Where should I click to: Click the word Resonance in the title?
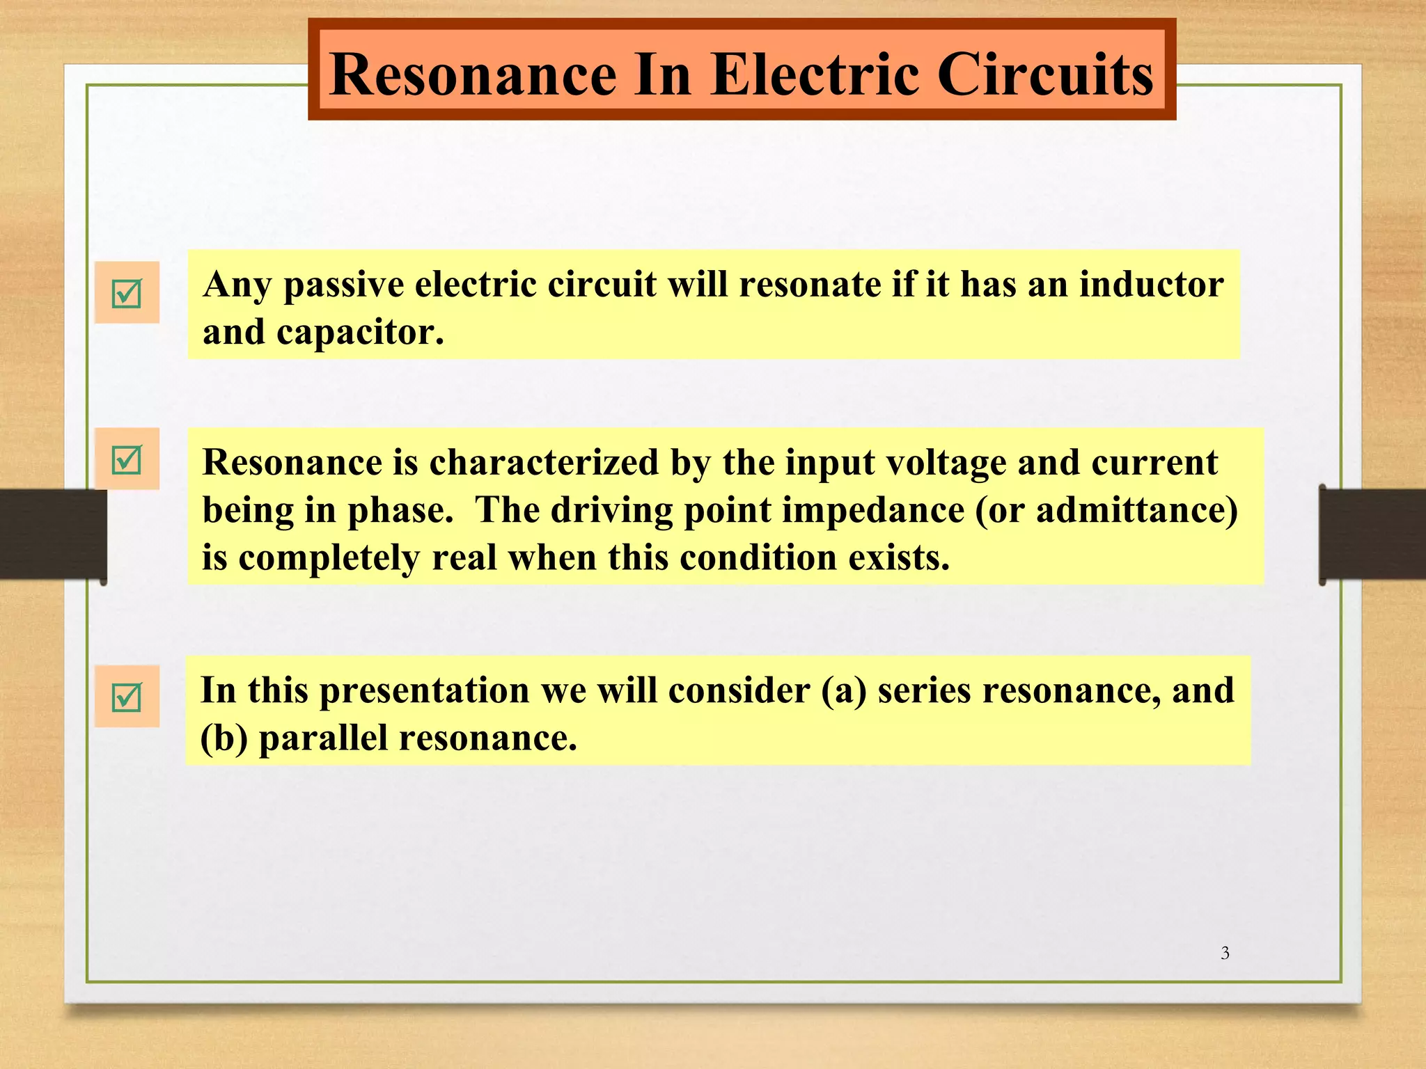[x=473, y=74]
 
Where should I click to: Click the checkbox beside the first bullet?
[x=127, y=293]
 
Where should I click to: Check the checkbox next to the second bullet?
[x=127, y=459]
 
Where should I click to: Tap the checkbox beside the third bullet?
[x=127, y=697]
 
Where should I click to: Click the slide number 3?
[x=1225, y=953]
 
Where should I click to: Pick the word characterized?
[x=544, y=463]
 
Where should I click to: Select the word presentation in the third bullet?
[x=425, y=691]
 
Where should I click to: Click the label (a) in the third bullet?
[x=844, y=691]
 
